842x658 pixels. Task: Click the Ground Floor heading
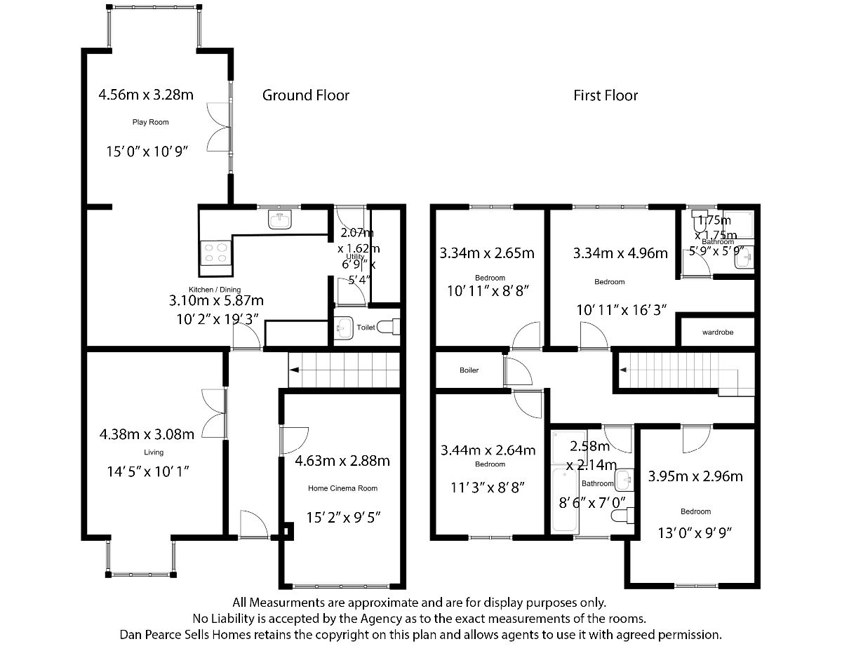pos(305,95)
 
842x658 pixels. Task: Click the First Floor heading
pos(606,95)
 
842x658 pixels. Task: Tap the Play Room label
pos(151,122)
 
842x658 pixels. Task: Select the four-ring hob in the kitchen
pos(215,253)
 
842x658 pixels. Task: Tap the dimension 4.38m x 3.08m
pos(147,434)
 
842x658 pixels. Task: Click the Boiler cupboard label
pos(469,370)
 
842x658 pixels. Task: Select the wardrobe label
pos(717,332)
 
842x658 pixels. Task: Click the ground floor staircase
pos(344,369)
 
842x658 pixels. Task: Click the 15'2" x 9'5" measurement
pos(343,518)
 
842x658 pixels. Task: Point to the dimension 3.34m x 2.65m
pos(487,253)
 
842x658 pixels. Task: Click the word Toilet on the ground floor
pos(366,327)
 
